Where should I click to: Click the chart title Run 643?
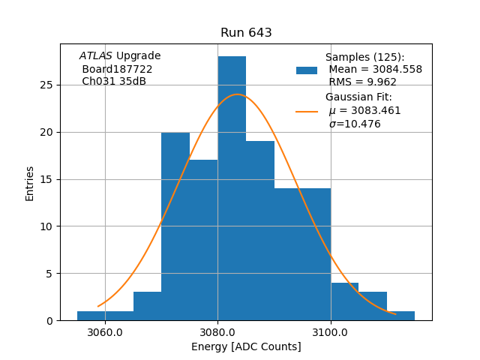[x=246, y=33]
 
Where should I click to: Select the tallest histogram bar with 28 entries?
[x=232, y=187]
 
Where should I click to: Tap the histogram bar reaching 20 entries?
[x=175, y=225]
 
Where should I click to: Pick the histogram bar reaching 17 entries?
[x=203, y=240]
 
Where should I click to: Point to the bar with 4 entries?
[x=344, y=301]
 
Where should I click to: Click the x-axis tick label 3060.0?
[x=105, y=332]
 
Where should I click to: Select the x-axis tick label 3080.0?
[x=217, y=332]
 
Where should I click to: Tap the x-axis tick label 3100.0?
[x=331, y=332]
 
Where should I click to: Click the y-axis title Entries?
[x=30, y=183]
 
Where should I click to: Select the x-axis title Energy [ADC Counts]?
[x=246, y=347]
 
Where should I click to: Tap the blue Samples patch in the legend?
[x=307, y=70]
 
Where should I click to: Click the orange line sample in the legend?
[x=307, y=111]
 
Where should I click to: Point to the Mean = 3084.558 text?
[x=375, y=70]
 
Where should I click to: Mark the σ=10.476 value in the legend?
[x=355, y=124]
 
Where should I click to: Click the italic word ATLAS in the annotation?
[x=96, y=56]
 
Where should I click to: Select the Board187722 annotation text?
[x=117, y=69]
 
